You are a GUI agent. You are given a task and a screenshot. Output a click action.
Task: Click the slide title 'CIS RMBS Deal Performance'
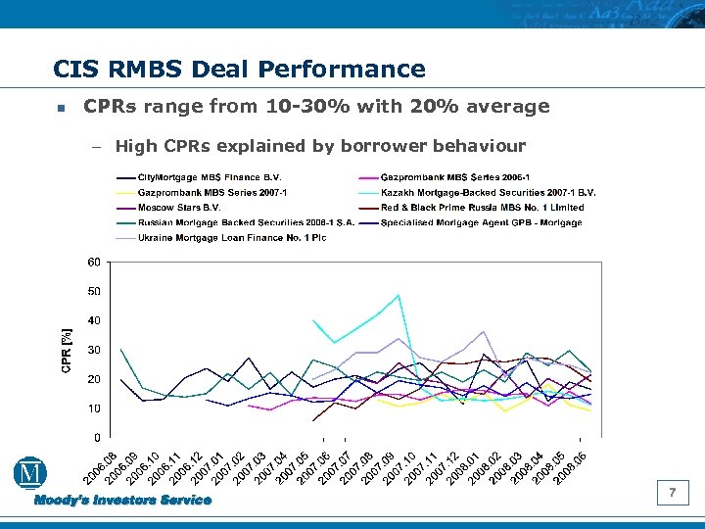pyautogui.click(x=239, y=70)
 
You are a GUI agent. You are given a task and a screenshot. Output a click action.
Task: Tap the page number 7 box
pyautogui.click(x=672, y=493)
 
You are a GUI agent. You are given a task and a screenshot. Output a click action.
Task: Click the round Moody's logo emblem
pyautogui.click(x=28, y=474)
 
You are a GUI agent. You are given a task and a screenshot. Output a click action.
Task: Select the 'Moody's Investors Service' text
pyautogui.click(x=123, y=501)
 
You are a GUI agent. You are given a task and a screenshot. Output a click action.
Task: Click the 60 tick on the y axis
pyautogui.click(x=93, y=262)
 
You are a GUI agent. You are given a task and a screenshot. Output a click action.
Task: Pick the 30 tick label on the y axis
pyautogui.click(x=93, y=350)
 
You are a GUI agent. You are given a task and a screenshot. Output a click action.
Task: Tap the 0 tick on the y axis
pyautogui.click(x=96, y=437)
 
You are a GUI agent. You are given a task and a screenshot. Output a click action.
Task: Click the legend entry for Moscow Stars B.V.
pyautogui.click(x=178, y=208)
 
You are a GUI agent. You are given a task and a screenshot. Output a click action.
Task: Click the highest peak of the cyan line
pyautogui.click(x=399, y=295)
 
